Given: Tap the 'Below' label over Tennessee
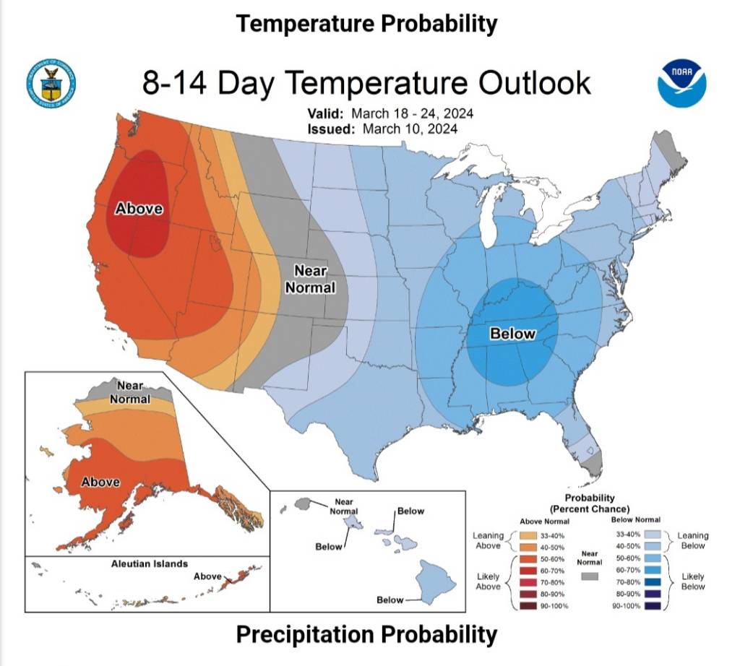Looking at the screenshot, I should point(512,334).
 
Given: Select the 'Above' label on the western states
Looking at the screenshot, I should point(139,209).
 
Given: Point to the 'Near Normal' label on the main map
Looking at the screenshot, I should point(310,280).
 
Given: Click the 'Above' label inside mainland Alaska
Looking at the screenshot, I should point(100,481).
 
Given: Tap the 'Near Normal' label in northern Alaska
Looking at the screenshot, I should point(130,392).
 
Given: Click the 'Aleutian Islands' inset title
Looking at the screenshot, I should point(149,563).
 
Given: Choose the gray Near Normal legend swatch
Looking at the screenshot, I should point(590,576).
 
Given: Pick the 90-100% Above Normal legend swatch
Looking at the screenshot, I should point(528,605).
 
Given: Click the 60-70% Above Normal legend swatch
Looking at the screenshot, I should point(528,570).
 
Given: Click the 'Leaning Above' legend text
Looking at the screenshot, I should point(488,540).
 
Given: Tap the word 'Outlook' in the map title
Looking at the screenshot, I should point(530,83).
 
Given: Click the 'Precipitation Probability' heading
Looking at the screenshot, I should point(366,635).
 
